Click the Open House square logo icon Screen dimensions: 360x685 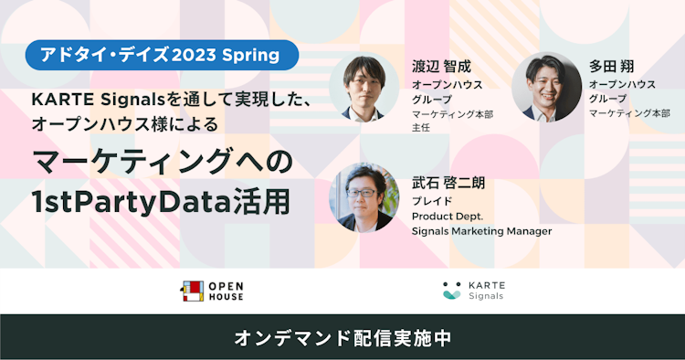(x=191, y=291)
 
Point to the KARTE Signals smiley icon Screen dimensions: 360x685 (x=451, y=291)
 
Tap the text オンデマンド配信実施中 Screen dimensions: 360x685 (x=342, y=337)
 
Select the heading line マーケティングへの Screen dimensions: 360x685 (x=163, y=162)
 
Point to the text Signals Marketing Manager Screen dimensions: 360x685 (x=481, y=231)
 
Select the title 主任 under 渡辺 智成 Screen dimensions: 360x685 (x=420, y=128)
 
